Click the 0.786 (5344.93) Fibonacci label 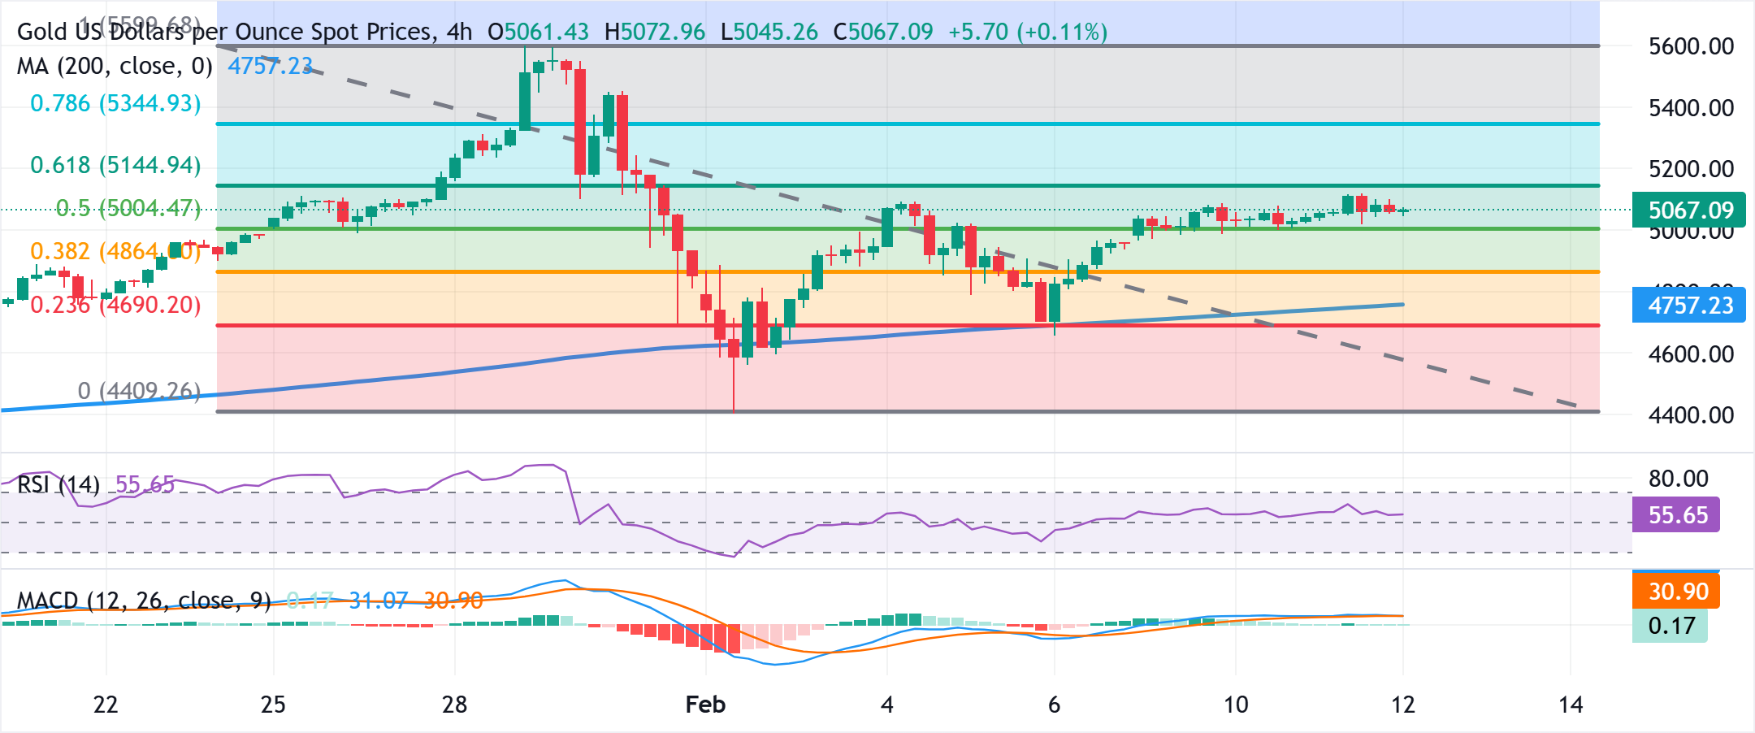115,104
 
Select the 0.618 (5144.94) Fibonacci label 115,166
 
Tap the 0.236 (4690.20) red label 115,306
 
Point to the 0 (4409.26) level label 139,392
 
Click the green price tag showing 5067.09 1690,210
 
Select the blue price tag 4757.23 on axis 1690,306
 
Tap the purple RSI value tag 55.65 1677,515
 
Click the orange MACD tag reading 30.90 1677,592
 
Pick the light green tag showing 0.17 1670,626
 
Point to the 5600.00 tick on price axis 1691,46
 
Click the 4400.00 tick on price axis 1691,415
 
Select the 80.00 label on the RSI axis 1678,479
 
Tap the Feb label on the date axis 705,705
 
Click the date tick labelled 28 454,705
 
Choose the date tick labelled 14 1571,705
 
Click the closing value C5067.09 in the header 883,33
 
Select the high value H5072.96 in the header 655,33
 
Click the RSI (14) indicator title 58,485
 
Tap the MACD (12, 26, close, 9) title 144,601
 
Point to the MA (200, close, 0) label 115,67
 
